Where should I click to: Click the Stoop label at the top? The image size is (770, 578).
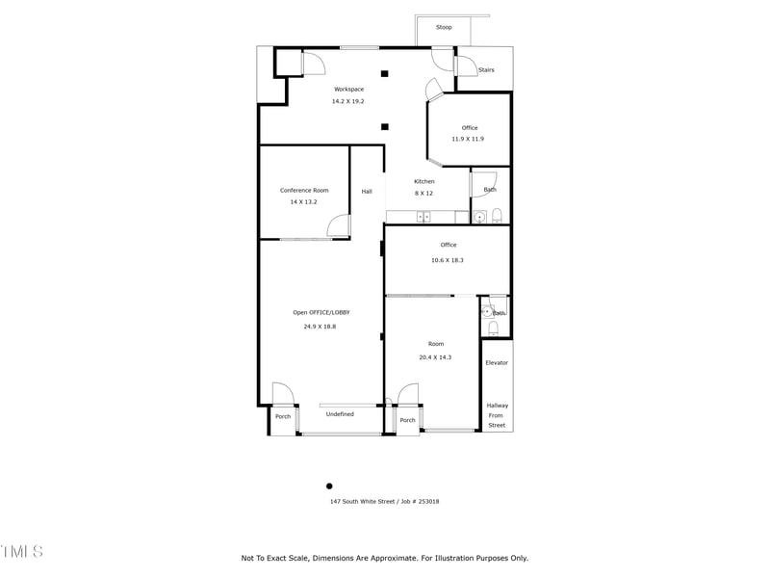[444, 27]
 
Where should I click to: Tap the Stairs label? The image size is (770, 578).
[486, 69]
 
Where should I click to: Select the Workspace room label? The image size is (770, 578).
[348, 89]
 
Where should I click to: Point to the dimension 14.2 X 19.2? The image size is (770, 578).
[348, 101]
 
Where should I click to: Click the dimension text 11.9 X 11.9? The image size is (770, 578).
[468, 139]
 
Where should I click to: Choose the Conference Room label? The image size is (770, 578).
[304, 190]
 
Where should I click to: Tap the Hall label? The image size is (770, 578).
[367, 192]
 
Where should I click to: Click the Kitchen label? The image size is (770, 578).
[424, 181]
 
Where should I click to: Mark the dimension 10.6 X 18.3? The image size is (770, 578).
[448, 260]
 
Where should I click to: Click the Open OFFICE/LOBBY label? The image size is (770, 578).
[321, 312]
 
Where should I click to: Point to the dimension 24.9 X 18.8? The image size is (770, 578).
[320, 327]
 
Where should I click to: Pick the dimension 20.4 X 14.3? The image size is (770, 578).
[435, 357]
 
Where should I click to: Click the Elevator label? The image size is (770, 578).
[497, 362]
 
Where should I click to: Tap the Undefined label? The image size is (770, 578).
[340, 414]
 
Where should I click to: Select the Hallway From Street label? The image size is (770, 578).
[497, 415]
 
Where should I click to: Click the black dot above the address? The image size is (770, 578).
[329, 486]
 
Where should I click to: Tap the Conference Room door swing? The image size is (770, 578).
[339, 227]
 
